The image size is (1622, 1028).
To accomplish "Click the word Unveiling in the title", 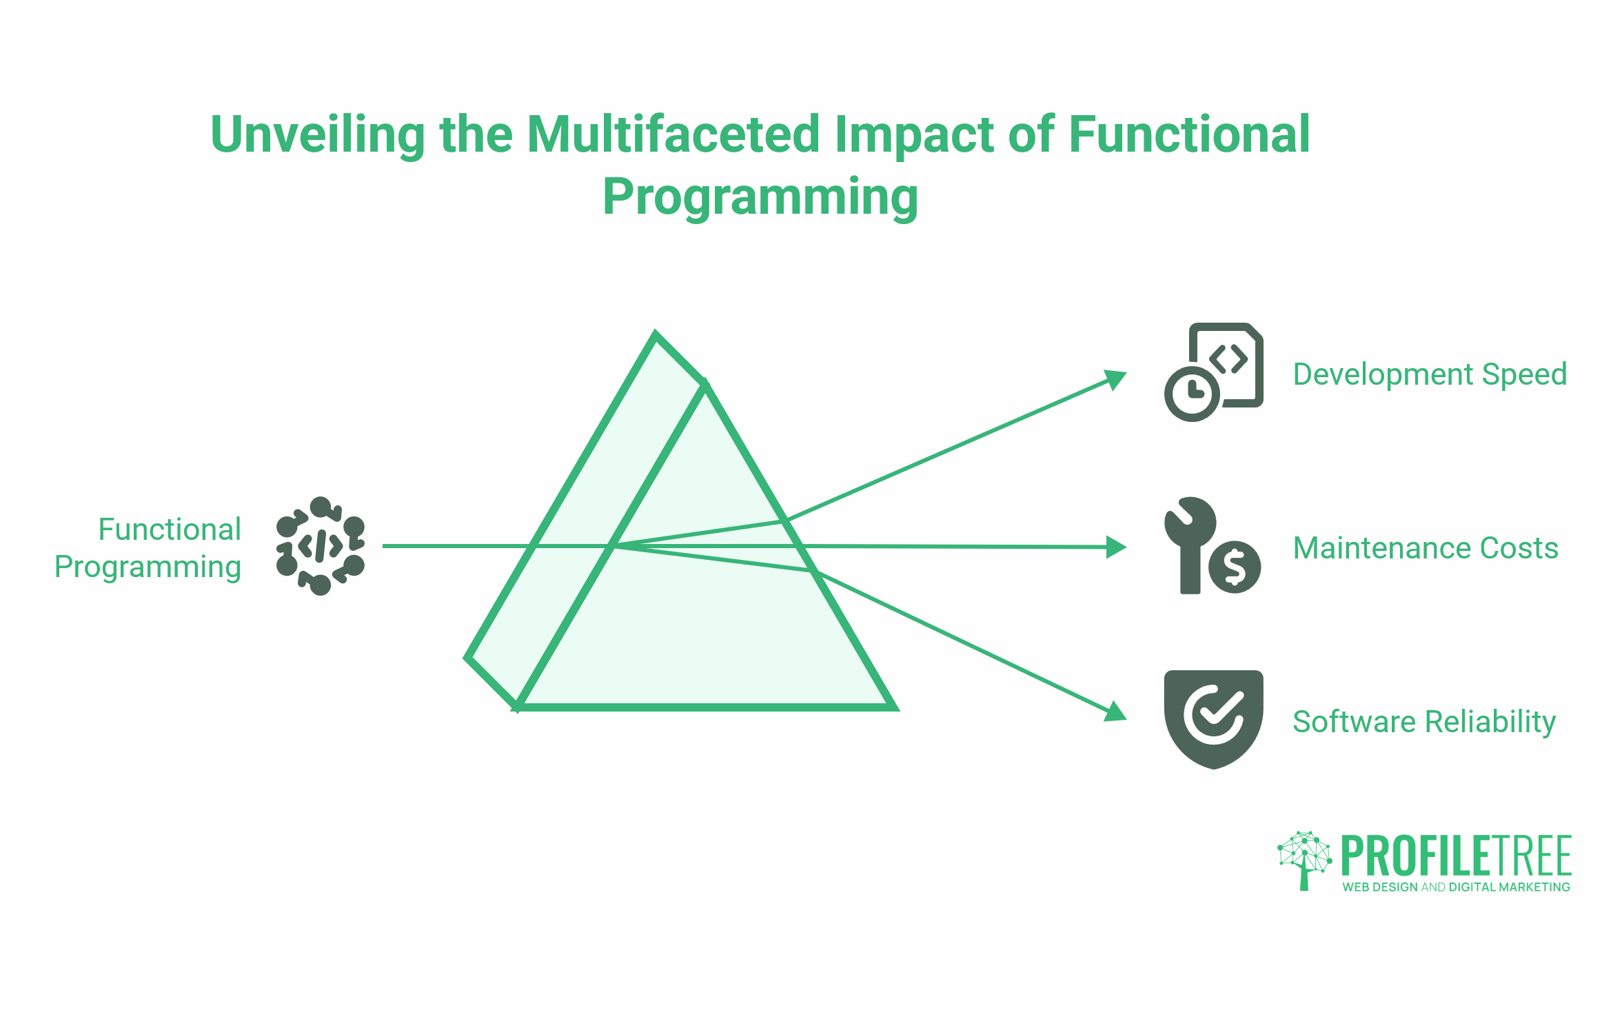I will tap(318, 135).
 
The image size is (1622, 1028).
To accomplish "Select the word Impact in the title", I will tap(913, 135).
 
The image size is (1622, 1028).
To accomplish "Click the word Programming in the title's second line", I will tap(760, 197).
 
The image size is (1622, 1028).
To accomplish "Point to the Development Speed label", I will tap(1429, 374).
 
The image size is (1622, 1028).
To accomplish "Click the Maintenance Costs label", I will tap(1425, 548).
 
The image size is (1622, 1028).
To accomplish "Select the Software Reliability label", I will tap(1423, 722).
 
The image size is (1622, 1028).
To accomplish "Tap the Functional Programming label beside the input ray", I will tap(148, 548).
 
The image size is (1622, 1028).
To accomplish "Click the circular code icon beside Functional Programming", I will tap(320, 545).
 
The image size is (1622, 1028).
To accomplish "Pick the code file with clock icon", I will tap(1213, 372).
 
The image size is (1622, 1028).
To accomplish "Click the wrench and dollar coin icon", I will tap(1211, 545).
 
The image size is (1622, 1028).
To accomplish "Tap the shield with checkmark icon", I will tap(1213, 718).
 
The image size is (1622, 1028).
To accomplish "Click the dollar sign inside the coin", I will tap(1234, 567).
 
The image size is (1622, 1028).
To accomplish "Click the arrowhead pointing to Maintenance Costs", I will tap(1115, 547).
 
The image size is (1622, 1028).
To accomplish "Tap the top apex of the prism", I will tap(656, 335).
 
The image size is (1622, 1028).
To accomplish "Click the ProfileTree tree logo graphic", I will tap(1304, 859).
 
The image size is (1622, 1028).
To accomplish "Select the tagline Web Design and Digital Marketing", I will tap(1455, 887).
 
